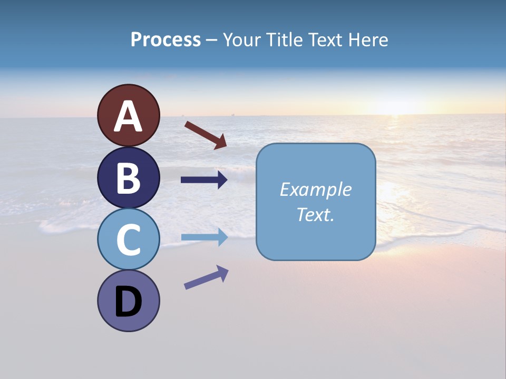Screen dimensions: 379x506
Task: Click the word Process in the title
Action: click(x=166, y=40)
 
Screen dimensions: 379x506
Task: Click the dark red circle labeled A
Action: click(x=129, y=115)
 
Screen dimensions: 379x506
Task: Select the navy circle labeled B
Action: click(x=129, y=177)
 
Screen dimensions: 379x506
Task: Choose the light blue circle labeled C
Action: click(x=129, y=239)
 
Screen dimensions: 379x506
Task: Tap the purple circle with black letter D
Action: click(x=129, y=301)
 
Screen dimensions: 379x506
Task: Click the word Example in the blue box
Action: click(x=315, y=189)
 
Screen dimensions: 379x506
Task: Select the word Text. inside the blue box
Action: click(x=315, y=214)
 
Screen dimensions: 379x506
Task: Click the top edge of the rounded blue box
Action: click(x=315, y=144)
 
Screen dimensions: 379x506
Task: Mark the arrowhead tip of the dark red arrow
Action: click(x=226, y=147)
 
